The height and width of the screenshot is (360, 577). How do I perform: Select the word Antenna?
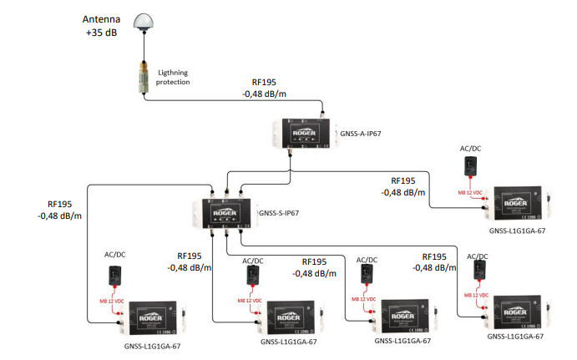102,18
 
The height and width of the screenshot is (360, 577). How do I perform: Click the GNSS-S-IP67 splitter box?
227,211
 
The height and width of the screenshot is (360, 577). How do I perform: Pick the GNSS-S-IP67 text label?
279,213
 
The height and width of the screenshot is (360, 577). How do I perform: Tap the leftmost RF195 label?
59,203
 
